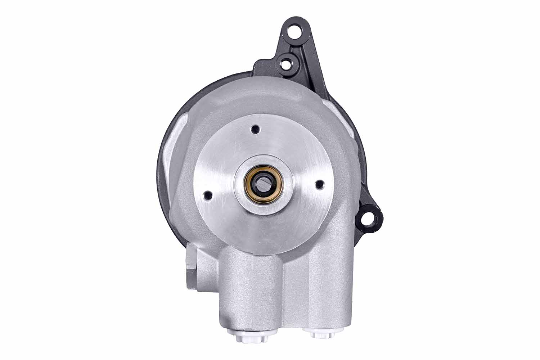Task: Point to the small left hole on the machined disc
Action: pyautogui.click(x=207, y=195)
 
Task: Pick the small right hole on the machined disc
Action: pyautogui.click(x=318, y=185)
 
